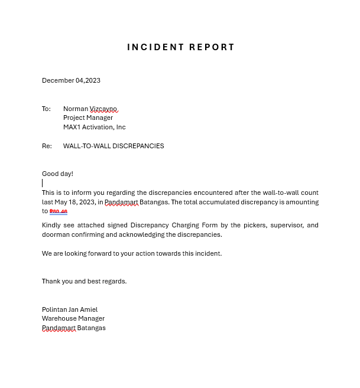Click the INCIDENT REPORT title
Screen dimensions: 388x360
(x=181, y=47)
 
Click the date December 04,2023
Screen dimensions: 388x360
(x=71, y=80)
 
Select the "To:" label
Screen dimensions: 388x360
(x=46, y=109)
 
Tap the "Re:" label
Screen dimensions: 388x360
(x=47, y=146)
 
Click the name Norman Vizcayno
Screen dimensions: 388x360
(x=90, y=109)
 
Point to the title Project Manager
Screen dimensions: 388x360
(x=87, y=118)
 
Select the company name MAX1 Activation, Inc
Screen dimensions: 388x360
(x=94, y=127)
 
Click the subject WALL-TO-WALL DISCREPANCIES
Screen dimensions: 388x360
(x=113, y=146)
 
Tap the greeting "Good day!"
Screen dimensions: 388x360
(x=57, y=174)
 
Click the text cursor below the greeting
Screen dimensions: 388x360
(x=43, y=183)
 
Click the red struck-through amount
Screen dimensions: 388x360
(x=58, y=211)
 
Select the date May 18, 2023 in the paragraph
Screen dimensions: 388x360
(x=74, y=202)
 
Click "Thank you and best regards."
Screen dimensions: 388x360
(x=84, y=281)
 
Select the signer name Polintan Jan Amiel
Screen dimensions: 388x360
(x=70, y=309)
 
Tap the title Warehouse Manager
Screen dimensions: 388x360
(x=73, y=318)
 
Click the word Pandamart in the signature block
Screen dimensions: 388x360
(x=59, y=328)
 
